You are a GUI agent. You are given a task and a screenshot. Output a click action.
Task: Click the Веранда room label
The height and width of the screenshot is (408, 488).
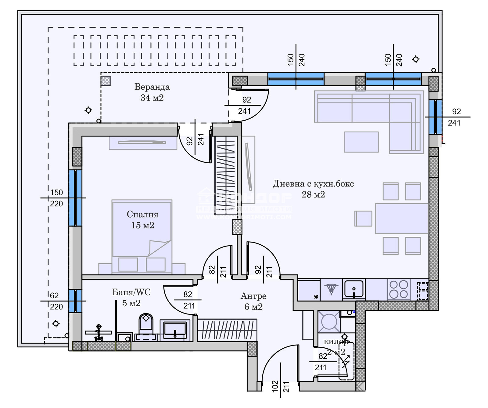tap(152, 92)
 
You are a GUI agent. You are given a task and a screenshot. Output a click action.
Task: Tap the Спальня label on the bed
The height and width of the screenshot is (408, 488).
tap(142, 220)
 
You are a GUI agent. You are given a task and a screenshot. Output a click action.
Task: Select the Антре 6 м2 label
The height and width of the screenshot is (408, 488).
tap(253, 301)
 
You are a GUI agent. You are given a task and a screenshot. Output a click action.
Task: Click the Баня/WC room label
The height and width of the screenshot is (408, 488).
tap(131, 297)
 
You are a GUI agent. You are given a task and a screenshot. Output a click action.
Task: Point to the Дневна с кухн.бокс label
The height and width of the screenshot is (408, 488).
tap(313, 189)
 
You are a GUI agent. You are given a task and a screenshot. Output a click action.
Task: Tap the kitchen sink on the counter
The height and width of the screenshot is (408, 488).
tap(353, 289)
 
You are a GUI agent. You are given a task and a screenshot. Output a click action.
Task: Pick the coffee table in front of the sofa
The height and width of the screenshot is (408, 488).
tap(361, 142)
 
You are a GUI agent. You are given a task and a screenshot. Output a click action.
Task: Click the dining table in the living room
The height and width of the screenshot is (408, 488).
tap(401, 218)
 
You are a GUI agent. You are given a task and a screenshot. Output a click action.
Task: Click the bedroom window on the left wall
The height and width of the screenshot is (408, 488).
tap(75, 198)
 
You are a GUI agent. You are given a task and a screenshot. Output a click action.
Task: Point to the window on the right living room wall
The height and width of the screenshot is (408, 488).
tap(435, 117)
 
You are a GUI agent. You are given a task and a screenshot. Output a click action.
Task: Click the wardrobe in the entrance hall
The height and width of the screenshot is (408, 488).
tap(227, 330)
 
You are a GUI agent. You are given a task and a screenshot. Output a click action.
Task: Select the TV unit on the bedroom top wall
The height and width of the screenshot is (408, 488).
tap(143, 143)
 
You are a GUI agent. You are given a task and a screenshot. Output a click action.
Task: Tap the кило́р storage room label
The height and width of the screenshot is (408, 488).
tap(335, 347)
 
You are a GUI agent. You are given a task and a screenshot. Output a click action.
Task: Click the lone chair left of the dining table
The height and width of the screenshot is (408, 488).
tap(364, 218)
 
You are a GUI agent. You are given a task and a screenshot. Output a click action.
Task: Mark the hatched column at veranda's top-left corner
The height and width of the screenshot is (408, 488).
tap(106, 81)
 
